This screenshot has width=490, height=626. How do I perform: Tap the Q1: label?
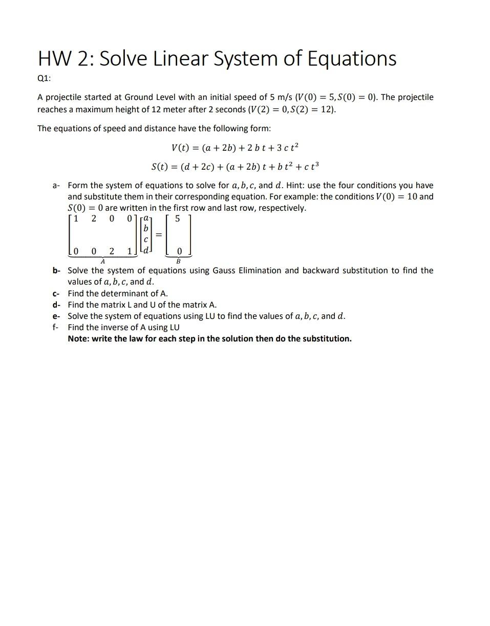tap(44, 78)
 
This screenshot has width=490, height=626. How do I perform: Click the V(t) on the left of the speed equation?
tap(182, 148)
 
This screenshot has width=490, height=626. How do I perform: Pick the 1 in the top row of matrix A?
tap(76, 219)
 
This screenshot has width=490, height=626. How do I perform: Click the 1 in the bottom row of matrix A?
tap(130, 251)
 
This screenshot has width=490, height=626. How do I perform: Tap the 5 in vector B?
tap(178, 219)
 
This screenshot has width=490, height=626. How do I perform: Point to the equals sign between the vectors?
tap(159, 234)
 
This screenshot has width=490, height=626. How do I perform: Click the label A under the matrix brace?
tap(102, 261)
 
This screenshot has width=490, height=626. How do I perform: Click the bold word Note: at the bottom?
tap(78, 338)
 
